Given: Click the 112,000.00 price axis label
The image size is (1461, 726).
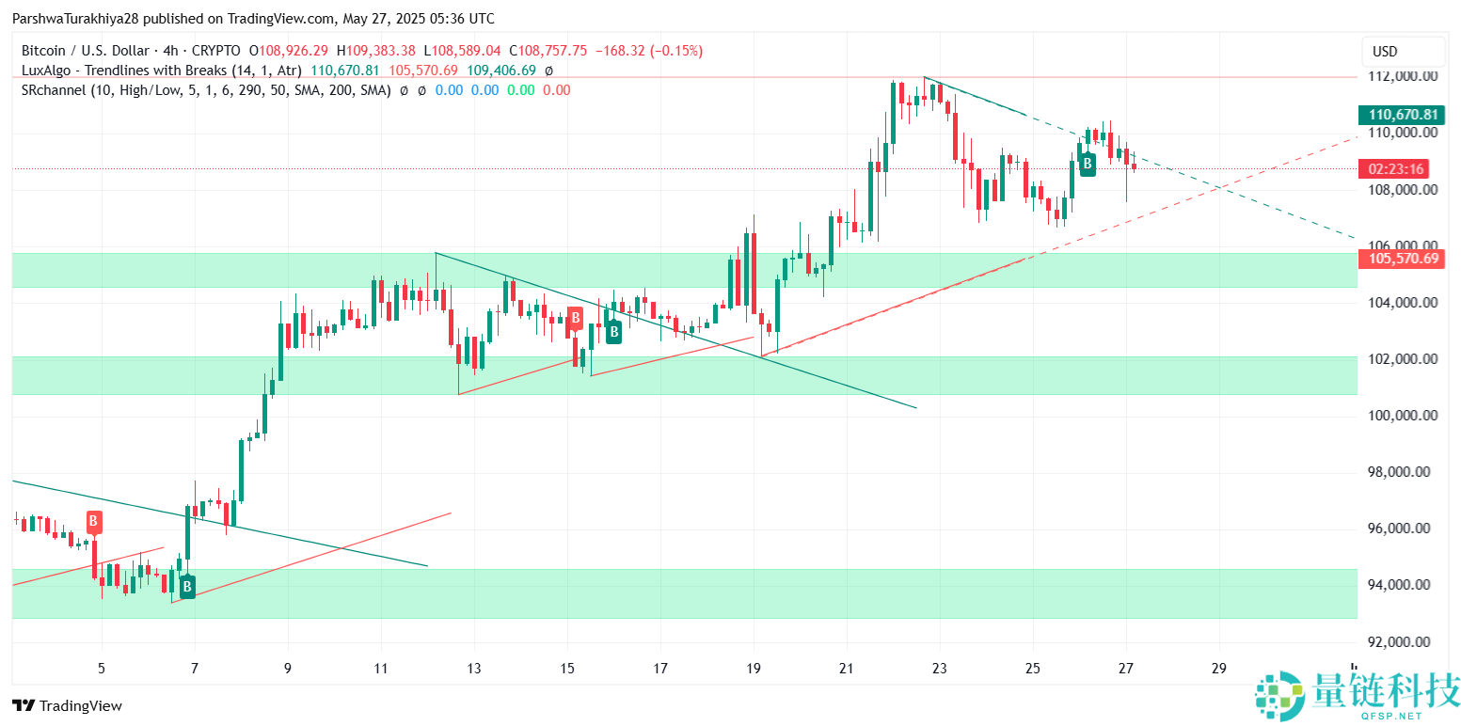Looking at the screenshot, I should tap(1404, 76).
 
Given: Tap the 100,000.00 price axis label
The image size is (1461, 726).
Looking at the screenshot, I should tap(1404, 416).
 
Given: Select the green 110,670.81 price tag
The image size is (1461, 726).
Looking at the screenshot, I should tap(1404, 115).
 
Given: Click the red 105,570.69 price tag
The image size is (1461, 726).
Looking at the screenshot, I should tap(1404, 258).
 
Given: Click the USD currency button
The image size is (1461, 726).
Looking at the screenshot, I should tap(1404, 52).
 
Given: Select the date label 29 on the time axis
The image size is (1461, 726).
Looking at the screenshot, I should tap(1219, 669).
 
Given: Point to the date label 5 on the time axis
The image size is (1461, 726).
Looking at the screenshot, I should tap(102, 669).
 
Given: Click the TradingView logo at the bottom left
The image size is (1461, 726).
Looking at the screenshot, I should tap(67, 705).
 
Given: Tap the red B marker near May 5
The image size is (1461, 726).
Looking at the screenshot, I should tap(94, 521).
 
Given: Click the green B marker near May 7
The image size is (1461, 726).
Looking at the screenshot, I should tap(187, 588).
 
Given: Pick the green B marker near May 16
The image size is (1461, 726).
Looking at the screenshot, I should tap(613, 331).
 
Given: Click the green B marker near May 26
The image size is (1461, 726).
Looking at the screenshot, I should tap(1088, 165).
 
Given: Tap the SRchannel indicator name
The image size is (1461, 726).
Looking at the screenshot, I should tap(47, 90).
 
